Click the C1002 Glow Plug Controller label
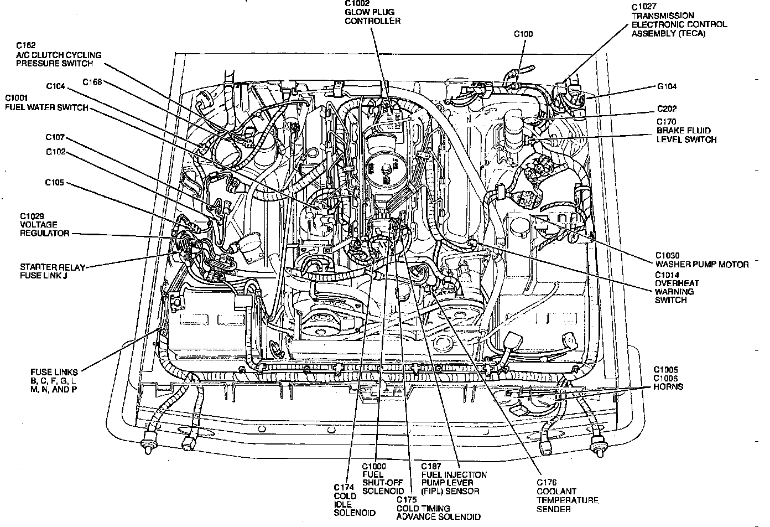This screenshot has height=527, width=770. point(372,12)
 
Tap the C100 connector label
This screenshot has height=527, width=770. point(523,34)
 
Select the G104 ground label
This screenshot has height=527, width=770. point(667,86)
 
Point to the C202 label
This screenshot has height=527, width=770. point(667,108)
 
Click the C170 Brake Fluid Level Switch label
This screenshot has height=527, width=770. point(686,131)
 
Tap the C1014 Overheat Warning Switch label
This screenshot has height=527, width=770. point(675,287)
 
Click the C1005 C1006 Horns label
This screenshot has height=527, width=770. point(668,378)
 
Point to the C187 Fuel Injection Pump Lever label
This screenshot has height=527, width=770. point(454,478)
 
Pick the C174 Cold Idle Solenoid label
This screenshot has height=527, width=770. point(355,500)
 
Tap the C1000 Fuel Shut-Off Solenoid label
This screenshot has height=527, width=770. point(382,479)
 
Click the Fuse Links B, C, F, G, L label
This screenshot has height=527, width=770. point(54,380)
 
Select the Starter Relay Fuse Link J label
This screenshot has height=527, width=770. point(53,271)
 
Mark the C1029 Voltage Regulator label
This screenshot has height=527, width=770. point(45,225)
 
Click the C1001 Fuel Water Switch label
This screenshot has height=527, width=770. point(46,104)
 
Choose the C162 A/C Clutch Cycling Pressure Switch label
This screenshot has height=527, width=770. point(58,55)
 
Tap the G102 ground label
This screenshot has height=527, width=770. point(56,152)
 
